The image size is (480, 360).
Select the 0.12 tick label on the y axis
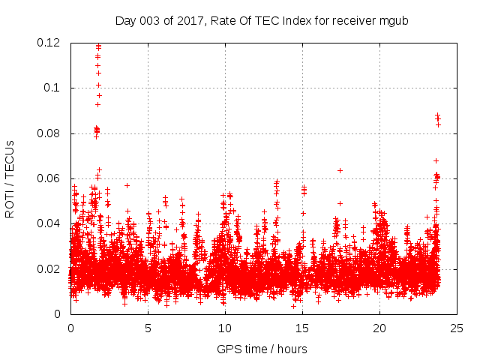49,43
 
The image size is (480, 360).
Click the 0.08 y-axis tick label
49,133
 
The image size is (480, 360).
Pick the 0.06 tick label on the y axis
49,178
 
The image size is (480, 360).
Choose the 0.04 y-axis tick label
49,223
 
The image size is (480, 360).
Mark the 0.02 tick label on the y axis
49,269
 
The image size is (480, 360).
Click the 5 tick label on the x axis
148,328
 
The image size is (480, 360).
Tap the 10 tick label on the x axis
225,328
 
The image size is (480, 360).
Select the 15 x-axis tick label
302,328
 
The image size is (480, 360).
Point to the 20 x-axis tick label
379,328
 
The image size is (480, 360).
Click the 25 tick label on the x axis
457,328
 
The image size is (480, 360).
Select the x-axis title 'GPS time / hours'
262,349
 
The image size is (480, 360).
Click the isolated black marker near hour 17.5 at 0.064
340,170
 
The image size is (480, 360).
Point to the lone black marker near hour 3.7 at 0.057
127,185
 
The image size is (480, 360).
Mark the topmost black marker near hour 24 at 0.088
437,115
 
